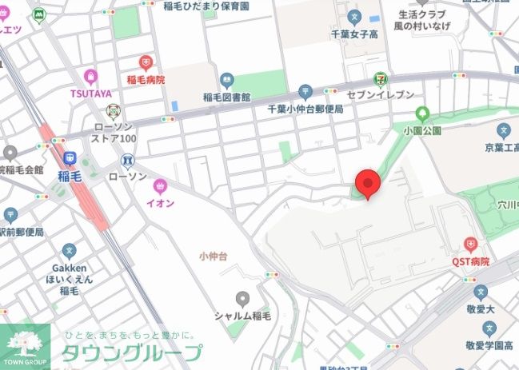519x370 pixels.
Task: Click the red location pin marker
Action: [x=367, y=184]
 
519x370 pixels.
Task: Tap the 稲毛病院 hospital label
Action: [x=146, y=80]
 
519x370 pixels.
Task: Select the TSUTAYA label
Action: [x=90, y=93]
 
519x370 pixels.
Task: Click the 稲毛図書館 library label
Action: [x=228, y=97]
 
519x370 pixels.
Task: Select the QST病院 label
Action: [x=470, y=261]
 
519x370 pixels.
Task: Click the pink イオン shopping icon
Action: [x=161, y=185]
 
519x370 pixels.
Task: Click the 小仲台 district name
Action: [x=214, y=255]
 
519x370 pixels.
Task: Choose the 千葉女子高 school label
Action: [x=355, y=34]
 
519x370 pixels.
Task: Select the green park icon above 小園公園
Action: [x=422, y=113]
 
